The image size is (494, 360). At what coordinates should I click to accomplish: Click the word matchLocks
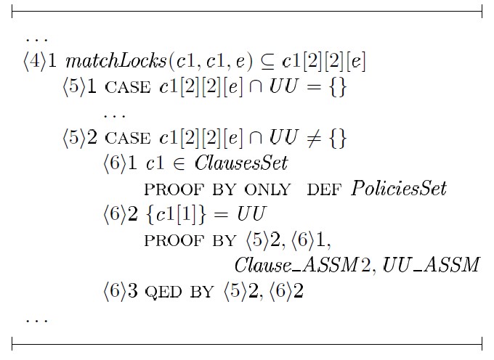click(116, 61)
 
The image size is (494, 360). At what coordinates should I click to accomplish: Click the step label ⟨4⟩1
click(40, 61)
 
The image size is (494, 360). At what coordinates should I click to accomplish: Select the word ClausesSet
click(241, 163)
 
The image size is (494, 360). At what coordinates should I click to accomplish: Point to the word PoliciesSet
click(399, 189)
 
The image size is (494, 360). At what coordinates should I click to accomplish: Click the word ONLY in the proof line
click(267, 189)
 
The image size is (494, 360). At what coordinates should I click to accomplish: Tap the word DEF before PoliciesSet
click(325, 189)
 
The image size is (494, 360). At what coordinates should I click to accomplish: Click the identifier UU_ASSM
click(432, 265)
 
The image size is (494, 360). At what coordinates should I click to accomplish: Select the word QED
click(163, 292)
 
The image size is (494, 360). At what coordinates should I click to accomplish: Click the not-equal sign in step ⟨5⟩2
click(314, 139)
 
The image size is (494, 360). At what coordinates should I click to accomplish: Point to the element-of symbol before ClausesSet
click(179, 164)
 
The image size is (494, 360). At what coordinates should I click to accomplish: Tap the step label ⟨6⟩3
click(120, 290)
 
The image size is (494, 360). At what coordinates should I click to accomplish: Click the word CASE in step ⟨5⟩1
click(128, 88)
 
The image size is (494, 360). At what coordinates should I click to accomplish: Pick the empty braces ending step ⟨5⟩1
click(338, 87)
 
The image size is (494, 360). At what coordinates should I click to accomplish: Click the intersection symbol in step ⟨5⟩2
click(255, 139)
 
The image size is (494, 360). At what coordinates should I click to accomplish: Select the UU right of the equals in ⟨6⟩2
click(251, 214)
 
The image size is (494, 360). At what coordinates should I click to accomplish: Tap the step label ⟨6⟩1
click(120, 163)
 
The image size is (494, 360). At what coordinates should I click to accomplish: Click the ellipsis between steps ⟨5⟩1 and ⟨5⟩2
click(115, 116)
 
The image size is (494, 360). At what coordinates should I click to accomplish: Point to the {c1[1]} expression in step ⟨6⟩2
click(176, 214)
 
